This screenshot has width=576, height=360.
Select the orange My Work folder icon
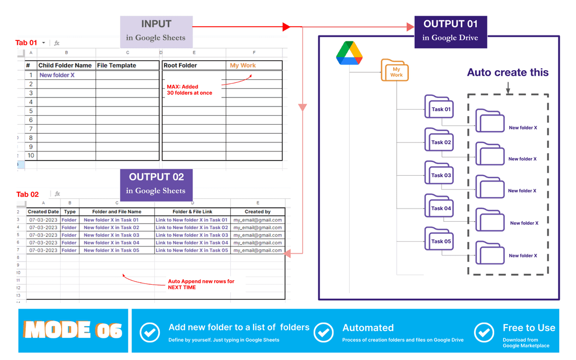click(x=395, y=71)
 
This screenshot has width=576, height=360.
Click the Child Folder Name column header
click(x=66, y=65)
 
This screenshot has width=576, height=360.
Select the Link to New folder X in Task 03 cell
click(x=192, y=235)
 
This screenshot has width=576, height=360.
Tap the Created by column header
click(x=258, y=212)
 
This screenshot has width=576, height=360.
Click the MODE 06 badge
click(x=74, y=330)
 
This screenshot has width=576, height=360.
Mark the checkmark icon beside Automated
click(x=323, y=333)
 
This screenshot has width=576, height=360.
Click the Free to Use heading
click(x=529, y=328)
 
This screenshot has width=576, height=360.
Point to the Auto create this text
click(x=507, y=72)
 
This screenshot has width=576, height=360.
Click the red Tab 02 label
click(x=27, y=194)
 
